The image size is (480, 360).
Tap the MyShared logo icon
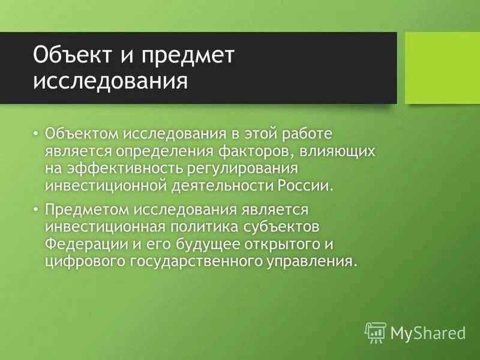coord(375,331)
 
